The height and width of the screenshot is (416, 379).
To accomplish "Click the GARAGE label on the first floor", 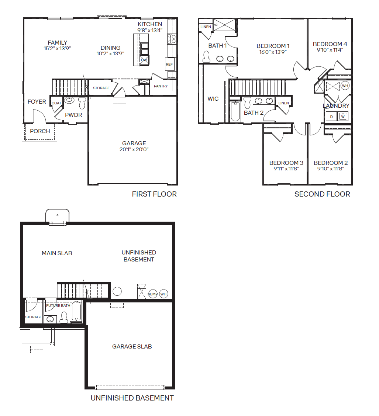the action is click(x=134, y=143).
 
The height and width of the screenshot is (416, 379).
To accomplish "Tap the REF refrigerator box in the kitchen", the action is click(x=170, y=64).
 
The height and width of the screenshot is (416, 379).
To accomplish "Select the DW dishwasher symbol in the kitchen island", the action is click(x=144, y=60).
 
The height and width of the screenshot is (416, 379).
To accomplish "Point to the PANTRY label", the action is click(x=161, y=86).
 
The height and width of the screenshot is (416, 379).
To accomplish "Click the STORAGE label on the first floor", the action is click(x=101, y=88).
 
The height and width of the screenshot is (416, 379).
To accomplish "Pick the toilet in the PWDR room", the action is click(x=82, y=103).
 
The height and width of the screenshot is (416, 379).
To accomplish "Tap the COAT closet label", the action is click(x=56, y=103).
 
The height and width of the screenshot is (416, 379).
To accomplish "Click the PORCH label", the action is click(x=40, y=131).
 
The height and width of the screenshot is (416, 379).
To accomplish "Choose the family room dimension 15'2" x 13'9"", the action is click(x=57, y=48).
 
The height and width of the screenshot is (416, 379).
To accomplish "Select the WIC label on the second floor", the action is click(x=213, y=99).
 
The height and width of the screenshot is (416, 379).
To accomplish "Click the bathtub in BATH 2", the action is click(x=235, y=111).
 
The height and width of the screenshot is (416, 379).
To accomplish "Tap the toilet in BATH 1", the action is click(x=206, y=57).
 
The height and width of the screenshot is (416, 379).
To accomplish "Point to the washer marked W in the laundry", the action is click(x=343, y=116).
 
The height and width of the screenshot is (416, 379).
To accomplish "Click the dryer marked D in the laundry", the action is click(x=331, y=117).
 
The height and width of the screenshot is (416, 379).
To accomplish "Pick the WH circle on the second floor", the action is click(x=345, y=86).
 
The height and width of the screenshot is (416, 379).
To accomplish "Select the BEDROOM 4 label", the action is click(x=330, y=44).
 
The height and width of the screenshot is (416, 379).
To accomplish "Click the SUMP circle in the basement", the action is click(x=153, y=294).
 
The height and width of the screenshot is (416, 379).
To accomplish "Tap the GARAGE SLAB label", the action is click(x=132, y=347).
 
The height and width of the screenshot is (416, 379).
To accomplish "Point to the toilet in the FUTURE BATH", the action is click(x=64, y=317).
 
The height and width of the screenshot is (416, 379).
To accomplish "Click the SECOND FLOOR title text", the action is click(x=322, y=194).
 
